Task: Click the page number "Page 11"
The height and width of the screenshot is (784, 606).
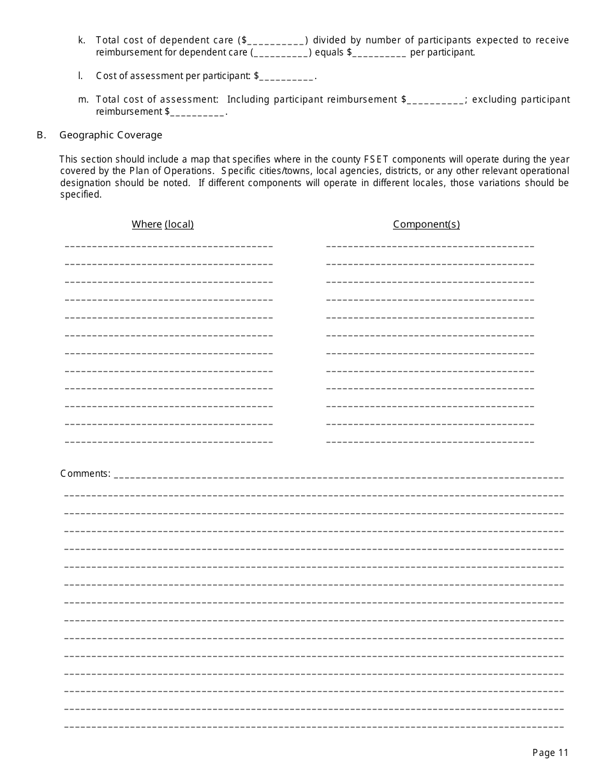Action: tap(550, 753)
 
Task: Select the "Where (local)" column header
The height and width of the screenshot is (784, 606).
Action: tap(163, 224)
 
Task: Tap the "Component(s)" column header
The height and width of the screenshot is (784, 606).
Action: tap(426, 224)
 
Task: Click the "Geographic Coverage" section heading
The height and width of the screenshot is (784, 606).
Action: tap(111, 135)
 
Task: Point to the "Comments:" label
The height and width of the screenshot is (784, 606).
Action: tap(85, 474)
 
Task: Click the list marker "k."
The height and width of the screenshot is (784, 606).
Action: tap(82, 40)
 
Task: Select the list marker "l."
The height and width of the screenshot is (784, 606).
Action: tap(81, 76)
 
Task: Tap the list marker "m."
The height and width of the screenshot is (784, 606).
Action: tap(83, 99)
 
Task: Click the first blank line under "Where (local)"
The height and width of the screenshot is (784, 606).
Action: tap(169, 246)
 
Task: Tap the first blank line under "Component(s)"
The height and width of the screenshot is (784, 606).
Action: tap(430, 246)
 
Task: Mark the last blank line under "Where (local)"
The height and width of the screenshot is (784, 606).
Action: tap(169, 442)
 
